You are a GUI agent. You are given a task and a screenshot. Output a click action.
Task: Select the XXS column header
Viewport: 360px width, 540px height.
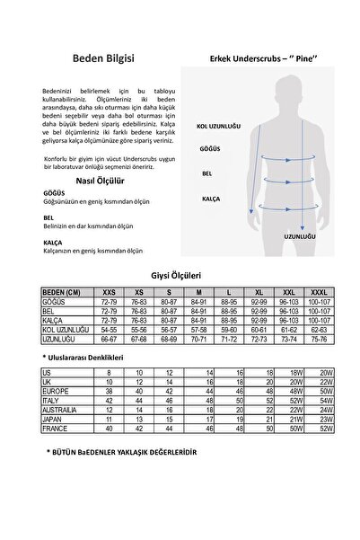point(110,292)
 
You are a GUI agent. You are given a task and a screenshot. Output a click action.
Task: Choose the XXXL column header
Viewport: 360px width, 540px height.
point(318,292)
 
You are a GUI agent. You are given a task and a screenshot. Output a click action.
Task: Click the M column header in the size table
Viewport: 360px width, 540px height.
point(198,292)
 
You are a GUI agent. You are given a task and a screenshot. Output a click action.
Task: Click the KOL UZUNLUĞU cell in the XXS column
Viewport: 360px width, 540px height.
point(110,332)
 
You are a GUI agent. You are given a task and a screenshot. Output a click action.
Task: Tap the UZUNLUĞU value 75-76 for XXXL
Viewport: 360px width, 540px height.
point(318,341)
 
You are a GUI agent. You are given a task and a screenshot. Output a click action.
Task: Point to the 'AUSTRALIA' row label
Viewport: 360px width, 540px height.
point(59,410)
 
